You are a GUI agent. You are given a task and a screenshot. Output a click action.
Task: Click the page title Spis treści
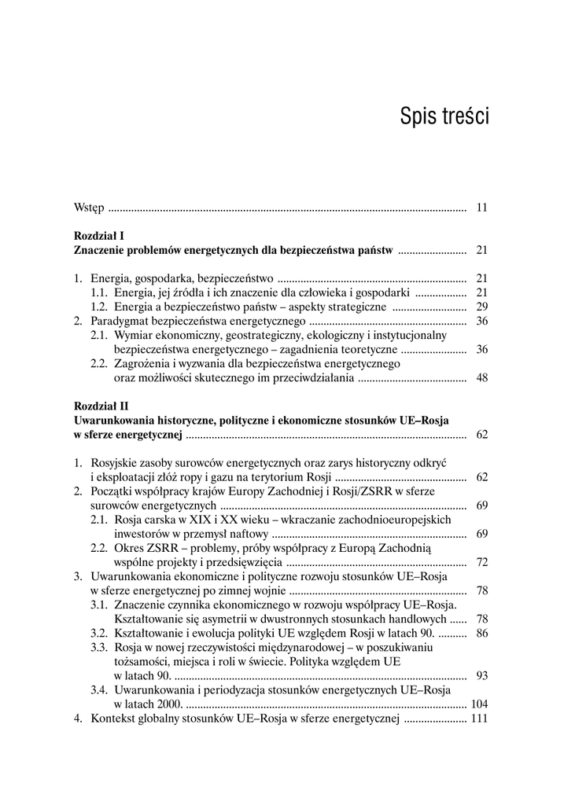click(x=444, y=116)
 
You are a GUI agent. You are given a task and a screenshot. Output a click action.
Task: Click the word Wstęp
click(x=89, y=208)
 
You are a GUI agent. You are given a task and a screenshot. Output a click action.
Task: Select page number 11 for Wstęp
click(x=482, y=208)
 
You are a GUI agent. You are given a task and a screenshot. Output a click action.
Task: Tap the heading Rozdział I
click(x=99, y=235)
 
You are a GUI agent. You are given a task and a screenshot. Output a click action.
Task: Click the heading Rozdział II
click(x=101, y=406)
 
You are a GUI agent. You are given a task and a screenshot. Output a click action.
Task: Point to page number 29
click(x=482, y=307)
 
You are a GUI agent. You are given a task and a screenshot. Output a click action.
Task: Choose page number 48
click(x=482, y=378)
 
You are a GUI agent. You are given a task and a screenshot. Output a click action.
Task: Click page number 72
click(x=482, y=562)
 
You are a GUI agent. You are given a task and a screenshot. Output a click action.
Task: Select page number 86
click(x=482, y=633)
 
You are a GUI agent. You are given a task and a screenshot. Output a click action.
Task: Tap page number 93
click(x=482, y=676)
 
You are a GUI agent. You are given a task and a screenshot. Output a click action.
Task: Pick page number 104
click(x=479, y=704)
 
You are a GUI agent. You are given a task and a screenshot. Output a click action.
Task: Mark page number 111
click(x=479, y=719)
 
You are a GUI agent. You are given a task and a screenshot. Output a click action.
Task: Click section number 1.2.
click(x=99, y=307)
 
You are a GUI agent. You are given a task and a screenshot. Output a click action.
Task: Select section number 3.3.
click(x=99, y=647)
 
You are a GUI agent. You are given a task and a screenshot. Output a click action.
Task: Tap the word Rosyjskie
click(x=116, y=463)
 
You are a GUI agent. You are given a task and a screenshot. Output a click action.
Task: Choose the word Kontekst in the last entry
click(x=114, y=719)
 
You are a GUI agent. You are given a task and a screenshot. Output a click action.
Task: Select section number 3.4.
click(x=99, y=690)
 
